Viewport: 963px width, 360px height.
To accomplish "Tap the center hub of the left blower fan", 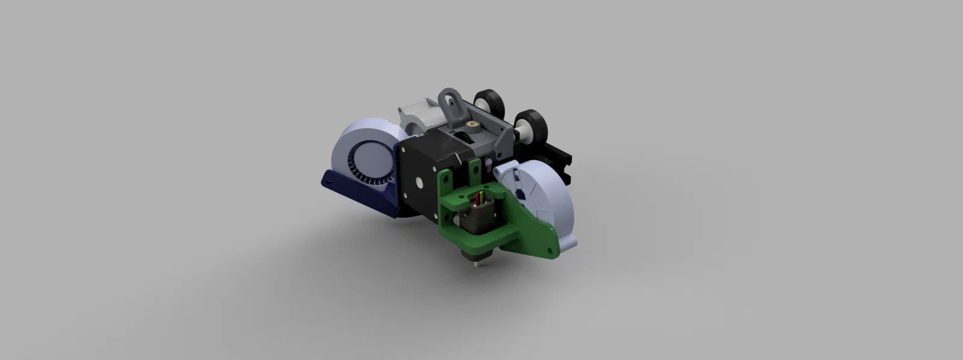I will [x=366, y=158].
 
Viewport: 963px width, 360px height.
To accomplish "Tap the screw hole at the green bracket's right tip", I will [x=549, y=246].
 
